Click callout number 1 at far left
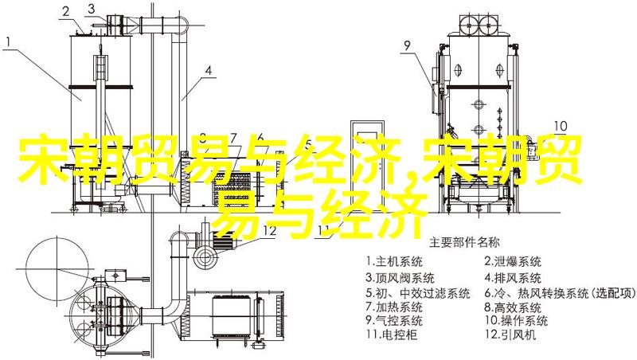coord(9,41)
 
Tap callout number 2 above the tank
coord(66,11)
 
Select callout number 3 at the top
coord(92,9)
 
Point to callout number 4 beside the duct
coord(208,70)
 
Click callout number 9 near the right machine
coord(408,45)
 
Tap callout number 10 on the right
coord(561,126)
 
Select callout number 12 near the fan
coord(270,231)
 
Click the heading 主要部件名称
coord(465,243)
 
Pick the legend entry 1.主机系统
coord(394,261)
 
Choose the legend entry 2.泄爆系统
coord(513,261)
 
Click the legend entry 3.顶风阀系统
coord(401,278)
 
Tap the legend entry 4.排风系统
coord(513,278)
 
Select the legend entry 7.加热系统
coord(394,307)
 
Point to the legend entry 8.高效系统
coord(513,307)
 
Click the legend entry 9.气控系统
coord(394,320)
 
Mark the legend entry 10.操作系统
coord(516,320)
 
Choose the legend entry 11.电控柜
coord(391,335)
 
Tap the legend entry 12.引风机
coord(510,335)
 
